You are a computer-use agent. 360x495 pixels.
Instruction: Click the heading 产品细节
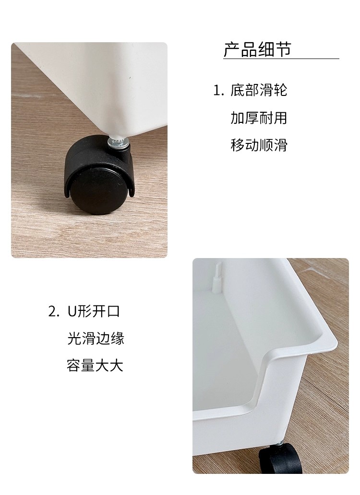257,49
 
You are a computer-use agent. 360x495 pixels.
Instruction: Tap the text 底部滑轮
259,90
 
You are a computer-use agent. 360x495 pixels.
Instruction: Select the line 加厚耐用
259,118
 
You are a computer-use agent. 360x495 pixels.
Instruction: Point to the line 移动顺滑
259,145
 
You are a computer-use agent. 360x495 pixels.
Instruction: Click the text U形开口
94,311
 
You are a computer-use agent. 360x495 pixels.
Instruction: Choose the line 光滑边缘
96,339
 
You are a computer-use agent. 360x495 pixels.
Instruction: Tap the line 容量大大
95,365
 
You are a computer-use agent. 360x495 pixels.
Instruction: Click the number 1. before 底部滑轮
218,91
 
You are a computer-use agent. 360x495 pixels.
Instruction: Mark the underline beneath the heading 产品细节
281,59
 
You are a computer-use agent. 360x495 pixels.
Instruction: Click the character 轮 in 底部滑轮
280,90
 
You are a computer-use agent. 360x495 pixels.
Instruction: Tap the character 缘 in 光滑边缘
118,339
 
